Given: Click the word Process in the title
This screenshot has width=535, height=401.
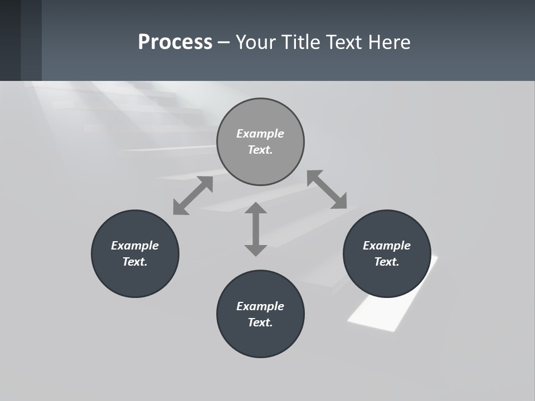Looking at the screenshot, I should tap(175, 42).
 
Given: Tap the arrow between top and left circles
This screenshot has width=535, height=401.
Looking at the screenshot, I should tap(193, 195).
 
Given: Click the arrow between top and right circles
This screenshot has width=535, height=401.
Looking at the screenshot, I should tap(327, 190).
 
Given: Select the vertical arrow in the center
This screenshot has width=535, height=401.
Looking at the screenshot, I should tap(256, 229).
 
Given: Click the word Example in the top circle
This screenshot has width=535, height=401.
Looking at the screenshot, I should tap(260, 134).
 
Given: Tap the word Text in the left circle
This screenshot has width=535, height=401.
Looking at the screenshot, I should tap(135, 262).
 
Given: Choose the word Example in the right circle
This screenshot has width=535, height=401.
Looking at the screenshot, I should tap(387, 246).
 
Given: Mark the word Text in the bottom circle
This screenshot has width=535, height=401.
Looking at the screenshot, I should tap(260, 322).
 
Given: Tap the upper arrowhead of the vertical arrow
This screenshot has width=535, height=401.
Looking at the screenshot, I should tap(256, 208).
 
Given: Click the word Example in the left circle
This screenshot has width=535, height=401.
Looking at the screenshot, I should tap(135, 246).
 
